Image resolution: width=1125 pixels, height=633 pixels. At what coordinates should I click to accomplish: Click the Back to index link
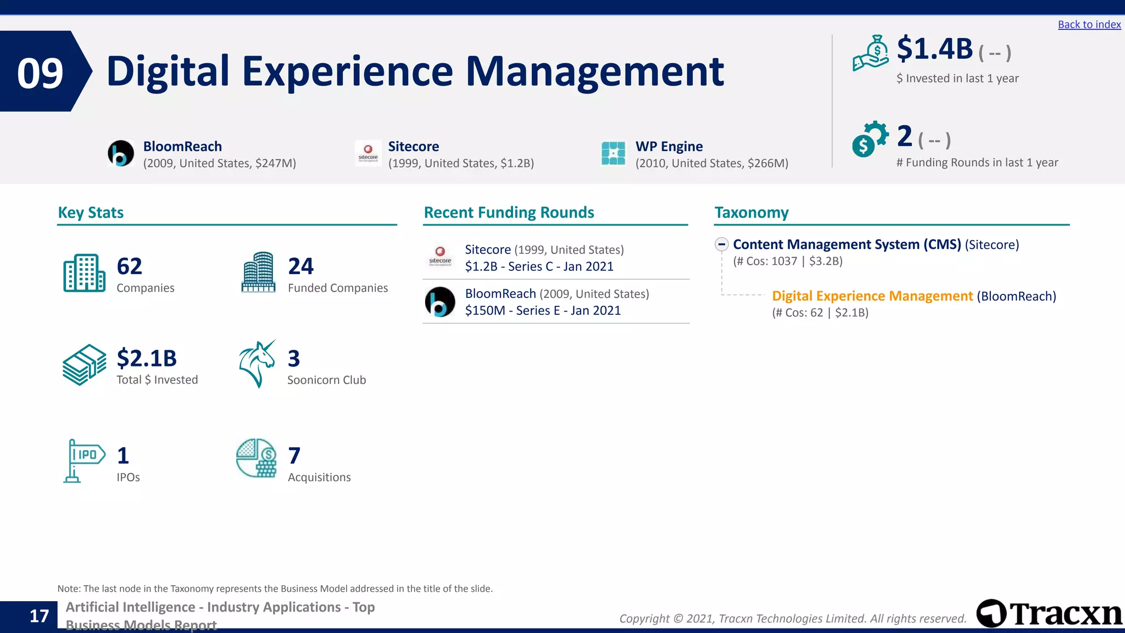coord(1089,24)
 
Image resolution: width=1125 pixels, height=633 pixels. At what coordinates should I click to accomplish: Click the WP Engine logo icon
coord(613,153)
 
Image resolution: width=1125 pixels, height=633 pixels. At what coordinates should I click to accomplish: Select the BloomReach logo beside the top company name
coord(121,153)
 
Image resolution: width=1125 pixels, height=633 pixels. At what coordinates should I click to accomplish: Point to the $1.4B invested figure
coord(934,49)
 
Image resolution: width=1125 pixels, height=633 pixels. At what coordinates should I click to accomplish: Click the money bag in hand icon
coord(871,53)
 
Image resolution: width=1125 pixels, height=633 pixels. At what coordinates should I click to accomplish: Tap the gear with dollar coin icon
coord(870,138)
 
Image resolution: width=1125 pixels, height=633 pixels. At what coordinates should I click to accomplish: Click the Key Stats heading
coord(91,213)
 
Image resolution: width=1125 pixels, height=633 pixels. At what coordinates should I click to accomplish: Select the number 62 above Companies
coord(130,266)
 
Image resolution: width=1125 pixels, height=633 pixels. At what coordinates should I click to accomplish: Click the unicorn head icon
coord(257,363)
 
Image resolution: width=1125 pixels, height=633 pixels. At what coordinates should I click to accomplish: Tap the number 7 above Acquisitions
coord(294,456)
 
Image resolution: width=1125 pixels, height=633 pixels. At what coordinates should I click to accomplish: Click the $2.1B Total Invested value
coord(147,358)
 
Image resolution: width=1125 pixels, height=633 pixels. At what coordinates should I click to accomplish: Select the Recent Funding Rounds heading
coord(509,213)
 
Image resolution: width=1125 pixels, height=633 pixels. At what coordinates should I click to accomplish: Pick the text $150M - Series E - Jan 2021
coord(543,310)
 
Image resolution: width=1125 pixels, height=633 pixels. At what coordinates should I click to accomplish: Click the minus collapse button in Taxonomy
coord(721,244)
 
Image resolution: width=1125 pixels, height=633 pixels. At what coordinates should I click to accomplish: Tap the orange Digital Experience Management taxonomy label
coord(872,296)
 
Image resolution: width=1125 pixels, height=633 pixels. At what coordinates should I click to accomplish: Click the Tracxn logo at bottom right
coord(1049,613)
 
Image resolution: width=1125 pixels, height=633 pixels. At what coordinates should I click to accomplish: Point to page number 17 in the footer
coord(39,616)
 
